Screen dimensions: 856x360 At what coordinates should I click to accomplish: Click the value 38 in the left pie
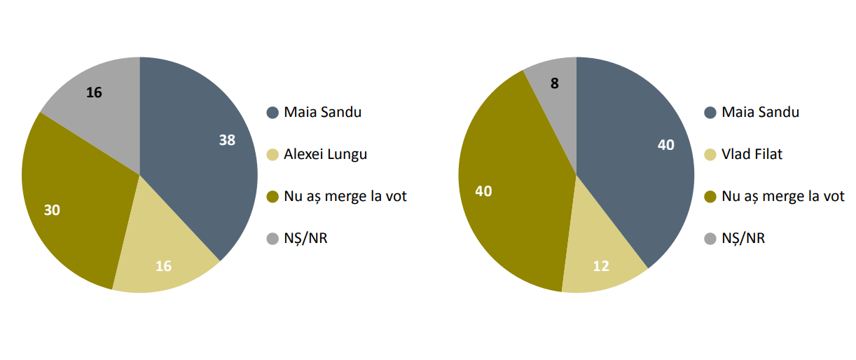227,140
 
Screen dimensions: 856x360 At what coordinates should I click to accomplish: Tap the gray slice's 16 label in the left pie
94,92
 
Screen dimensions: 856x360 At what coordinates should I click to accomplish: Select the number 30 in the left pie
52,210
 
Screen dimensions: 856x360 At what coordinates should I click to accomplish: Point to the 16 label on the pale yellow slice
163,266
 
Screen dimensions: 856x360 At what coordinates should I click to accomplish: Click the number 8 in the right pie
555,83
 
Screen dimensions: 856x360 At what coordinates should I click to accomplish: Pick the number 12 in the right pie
601,266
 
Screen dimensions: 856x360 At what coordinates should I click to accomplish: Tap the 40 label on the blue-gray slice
666,145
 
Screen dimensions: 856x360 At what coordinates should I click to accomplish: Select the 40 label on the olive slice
483,191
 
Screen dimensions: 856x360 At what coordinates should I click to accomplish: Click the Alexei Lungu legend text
325,154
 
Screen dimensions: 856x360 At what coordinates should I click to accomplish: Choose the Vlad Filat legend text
752,154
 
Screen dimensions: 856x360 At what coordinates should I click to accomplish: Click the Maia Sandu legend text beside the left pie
322,112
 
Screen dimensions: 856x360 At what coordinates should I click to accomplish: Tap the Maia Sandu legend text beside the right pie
761,112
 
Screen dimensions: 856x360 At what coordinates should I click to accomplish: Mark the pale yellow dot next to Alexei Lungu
272,155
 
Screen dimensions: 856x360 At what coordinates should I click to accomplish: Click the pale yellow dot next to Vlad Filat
710,155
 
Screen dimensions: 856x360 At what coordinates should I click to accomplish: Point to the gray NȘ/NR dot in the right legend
710,239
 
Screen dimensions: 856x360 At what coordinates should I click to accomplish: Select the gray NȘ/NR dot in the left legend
272,239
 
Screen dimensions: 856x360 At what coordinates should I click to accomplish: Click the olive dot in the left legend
272,197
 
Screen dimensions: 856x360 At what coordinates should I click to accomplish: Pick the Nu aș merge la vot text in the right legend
783,196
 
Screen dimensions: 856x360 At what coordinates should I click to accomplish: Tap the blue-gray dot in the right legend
710,113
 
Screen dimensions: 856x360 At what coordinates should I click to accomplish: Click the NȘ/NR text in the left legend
305,238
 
